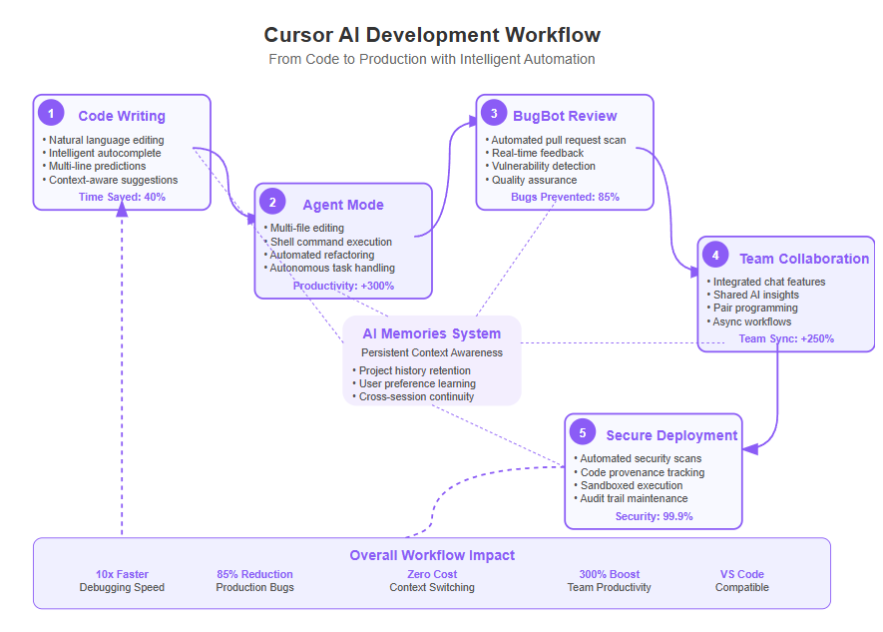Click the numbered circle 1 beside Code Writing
[51, 114]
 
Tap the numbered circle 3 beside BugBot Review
[494, 114]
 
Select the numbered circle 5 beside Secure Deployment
[583, 433]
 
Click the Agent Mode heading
[343, 205]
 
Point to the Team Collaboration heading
[804, 260]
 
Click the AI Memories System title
[432, 334]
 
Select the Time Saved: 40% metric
[122, 197]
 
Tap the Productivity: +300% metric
[343, 287]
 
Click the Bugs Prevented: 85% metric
[565, 197]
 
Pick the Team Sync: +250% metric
[786, 339]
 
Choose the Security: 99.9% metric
[654, 516]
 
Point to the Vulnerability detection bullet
[541, 166]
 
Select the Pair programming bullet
[752, 309]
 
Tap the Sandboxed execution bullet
[629, 485]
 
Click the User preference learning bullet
[414, 383]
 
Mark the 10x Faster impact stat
[122, 574]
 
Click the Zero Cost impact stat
[432, 574]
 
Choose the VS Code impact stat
[742, 574]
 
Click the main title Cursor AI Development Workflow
[432, 35]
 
